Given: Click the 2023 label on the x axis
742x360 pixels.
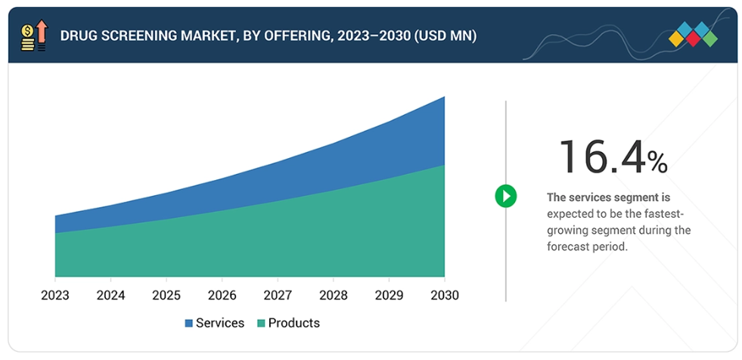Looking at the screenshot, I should pos(54,295).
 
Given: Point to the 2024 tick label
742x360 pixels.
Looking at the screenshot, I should pos(110,295).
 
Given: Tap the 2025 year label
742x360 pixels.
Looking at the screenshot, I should pos(166,295).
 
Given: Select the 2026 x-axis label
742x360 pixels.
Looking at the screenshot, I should pos(222,295).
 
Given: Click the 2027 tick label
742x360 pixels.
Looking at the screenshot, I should pos(277,295).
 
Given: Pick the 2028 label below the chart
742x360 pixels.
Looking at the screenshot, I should pos(333,295).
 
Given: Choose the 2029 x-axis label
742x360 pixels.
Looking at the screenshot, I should pos(388,295).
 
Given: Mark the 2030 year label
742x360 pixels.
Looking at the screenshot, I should pos(443,295).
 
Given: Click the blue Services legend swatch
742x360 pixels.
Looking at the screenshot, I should pos(188,324).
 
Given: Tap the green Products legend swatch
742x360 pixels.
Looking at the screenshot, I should pos(261,324).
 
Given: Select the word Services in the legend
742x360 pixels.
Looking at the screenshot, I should pos(220,323).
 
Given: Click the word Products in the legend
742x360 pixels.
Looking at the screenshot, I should pos(294,323).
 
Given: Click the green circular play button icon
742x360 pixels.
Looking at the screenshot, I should pos(505,197).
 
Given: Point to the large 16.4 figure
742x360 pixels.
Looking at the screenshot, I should pos(602,157).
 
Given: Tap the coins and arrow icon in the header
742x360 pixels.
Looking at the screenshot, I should pos(33,36).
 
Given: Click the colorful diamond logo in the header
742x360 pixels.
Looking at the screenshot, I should pos(693,35).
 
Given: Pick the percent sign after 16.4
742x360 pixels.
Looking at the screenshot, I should pos(657,162).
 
